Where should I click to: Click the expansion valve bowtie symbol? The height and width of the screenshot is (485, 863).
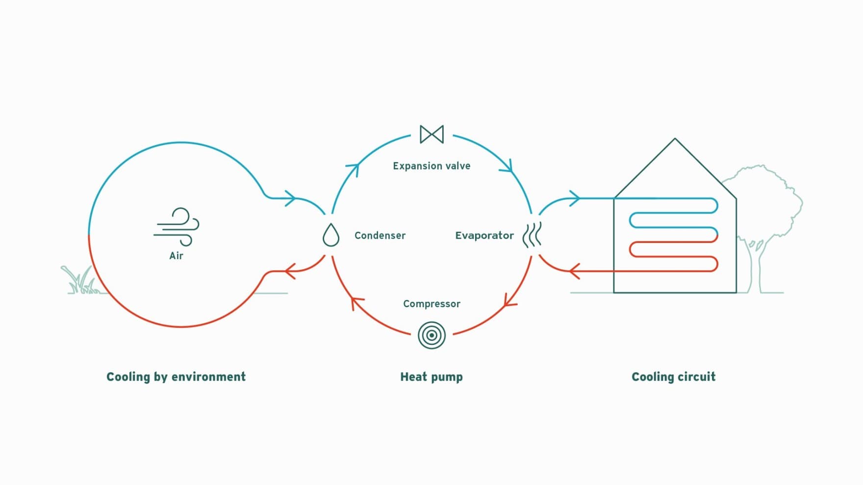431,134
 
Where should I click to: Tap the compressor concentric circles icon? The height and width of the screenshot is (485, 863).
431,335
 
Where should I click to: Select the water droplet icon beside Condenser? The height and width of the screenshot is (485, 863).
331,235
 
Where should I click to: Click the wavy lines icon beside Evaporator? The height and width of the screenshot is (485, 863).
532,235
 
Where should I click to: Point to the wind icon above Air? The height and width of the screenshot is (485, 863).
177,227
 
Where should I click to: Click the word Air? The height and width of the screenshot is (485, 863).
176,255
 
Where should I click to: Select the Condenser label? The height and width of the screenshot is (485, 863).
380,236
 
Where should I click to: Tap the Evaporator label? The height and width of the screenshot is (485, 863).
484,236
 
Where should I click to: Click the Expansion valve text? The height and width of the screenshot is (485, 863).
431,166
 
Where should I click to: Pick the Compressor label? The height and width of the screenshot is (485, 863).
431,304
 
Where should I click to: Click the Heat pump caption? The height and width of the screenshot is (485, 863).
431,377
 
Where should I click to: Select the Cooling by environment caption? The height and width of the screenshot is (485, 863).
176,377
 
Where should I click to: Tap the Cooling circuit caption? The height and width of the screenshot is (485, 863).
673,377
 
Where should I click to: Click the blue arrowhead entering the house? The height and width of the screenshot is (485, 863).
575,198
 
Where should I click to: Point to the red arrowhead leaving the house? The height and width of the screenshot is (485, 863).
575,271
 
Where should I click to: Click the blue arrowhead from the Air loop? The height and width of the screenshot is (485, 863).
290,198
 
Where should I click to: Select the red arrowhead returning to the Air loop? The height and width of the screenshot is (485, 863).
290,271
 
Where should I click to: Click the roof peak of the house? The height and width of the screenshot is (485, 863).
675,139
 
